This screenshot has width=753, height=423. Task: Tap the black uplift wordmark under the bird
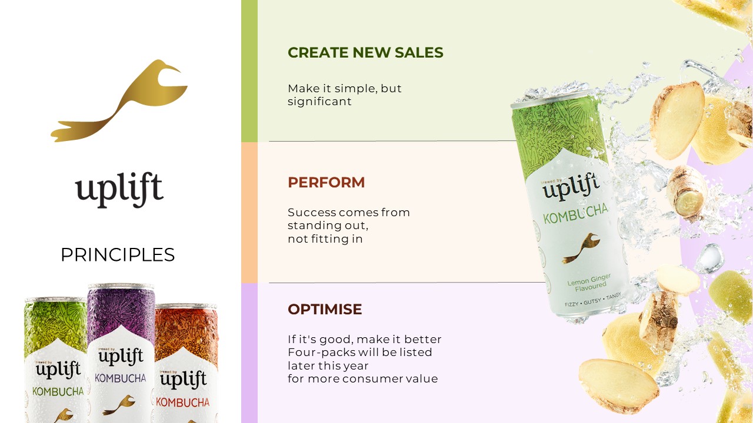click(x=119, y=190)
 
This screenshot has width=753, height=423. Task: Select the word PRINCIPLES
click(x=118, y=255)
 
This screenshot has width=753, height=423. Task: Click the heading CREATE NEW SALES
click(x=365, y=52)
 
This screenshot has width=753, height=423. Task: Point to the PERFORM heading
click(x=326, y=183)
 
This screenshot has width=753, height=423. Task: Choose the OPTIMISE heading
click(x=325, y=309)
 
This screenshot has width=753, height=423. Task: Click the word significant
click(x=319, y=102)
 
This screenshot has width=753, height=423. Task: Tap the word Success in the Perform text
click(x=312, y=213)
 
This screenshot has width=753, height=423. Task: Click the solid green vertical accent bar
click(x=249, y=71)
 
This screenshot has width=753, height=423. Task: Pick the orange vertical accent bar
click(x=249, y=213)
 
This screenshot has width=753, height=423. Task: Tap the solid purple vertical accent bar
click(x=249, y=353)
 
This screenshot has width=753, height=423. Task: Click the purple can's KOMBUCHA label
click(x=121, y=378)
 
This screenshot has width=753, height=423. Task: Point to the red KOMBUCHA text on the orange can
click(x=182, y=402)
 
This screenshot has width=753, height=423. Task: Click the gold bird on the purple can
click(x=119, y=405)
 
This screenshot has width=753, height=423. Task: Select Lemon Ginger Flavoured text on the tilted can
click(x=589, y=283)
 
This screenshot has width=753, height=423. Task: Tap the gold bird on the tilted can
click(x=581, y=249)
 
